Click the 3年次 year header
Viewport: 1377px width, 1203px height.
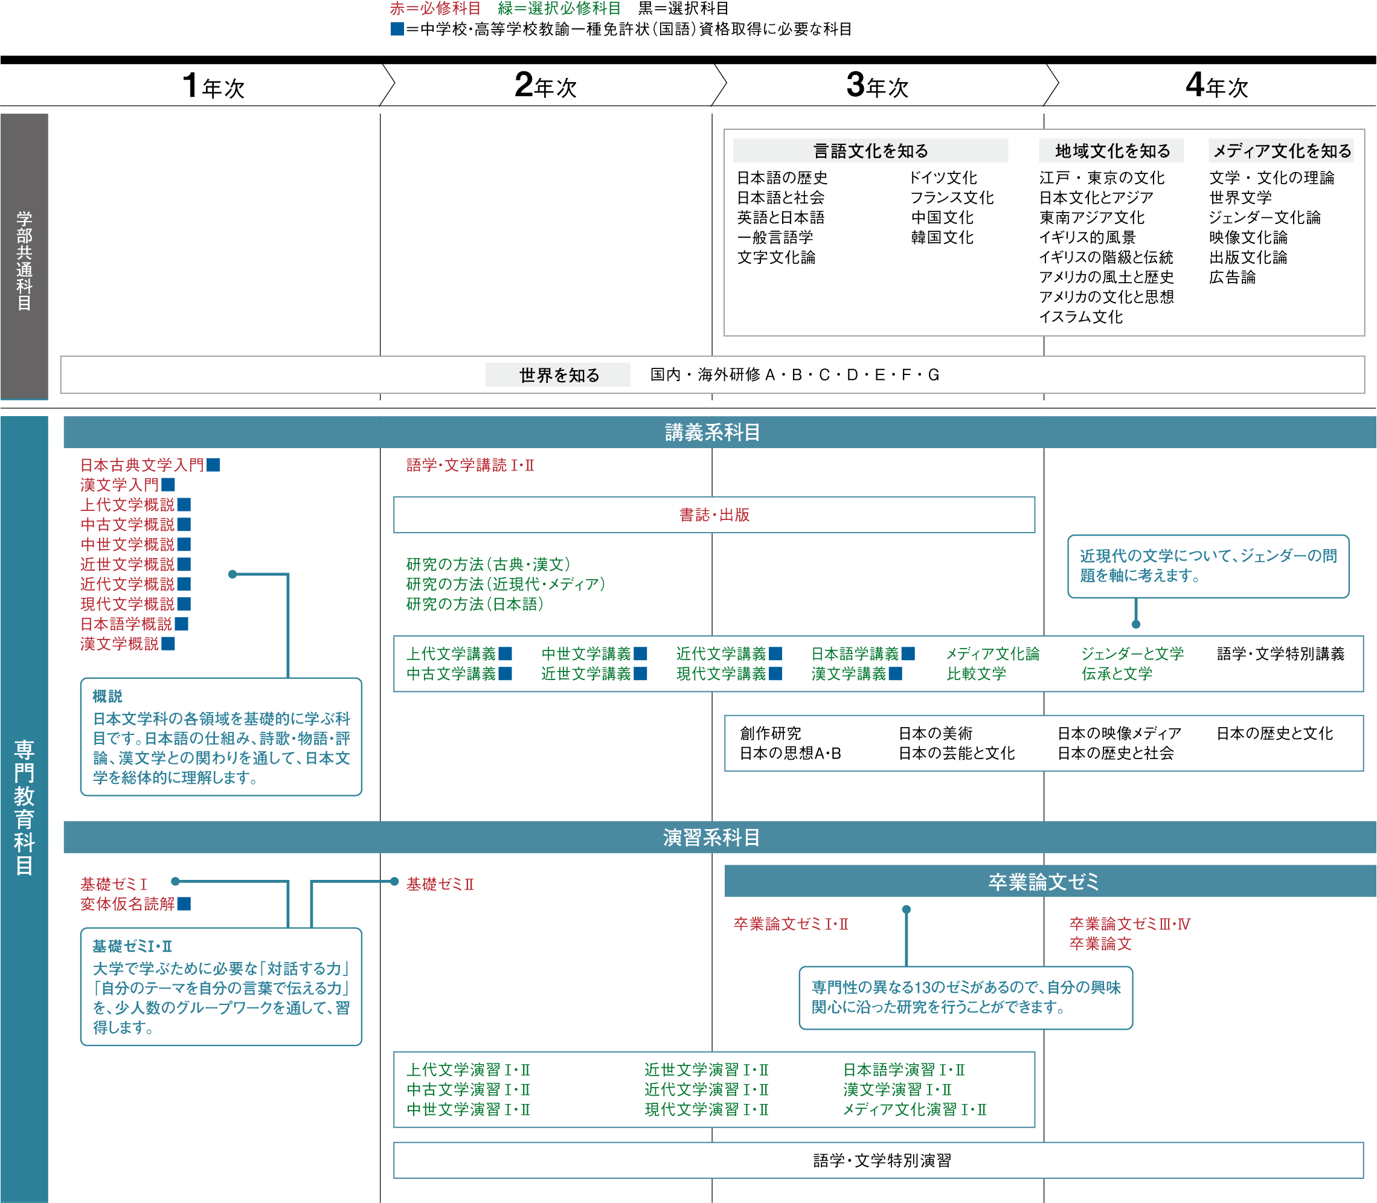click(x=878, y=86)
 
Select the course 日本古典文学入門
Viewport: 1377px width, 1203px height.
click(x=142, y=465)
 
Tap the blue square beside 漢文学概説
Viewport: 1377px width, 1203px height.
click(x=168, y=644)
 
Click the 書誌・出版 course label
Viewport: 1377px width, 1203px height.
click(x=714, y=515)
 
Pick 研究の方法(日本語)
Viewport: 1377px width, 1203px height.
click(x=475, y=604)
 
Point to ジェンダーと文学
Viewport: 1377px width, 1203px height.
click(x=1132, y=654)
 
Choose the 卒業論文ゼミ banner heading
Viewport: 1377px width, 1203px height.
click(x=1044, y=882)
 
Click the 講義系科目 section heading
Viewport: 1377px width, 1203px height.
click(x=712, y=432)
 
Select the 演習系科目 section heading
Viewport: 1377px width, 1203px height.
click(x=711, y=838)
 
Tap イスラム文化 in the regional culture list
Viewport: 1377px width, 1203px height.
click(x=1081, y=317)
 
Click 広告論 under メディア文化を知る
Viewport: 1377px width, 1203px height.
click(x=1233, y=277)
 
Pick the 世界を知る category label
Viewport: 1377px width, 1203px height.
click(x=559, y=375)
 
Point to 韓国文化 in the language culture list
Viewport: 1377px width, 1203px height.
click(x=942, y=238)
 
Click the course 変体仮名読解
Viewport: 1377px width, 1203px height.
click(x=127, y=904)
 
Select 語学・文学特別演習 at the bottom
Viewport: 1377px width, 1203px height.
click(x=882, y=1161)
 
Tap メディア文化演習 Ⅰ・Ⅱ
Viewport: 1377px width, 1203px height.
click(x=915, y=1109)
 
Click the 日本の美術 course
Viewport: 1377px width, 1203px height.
click(x=936, y=734)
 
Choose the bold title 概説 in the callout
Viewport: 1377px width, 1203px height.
click(x=108, y=696)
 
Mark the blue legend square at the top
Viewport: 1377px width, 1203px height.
click(x=397, y=29)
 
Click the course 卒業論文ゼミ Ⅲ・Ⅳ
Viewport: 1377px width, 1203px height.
click(x=1130, y=925)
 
